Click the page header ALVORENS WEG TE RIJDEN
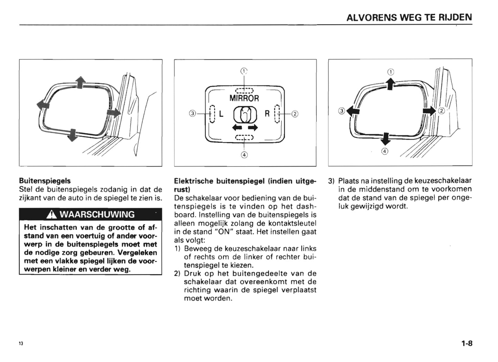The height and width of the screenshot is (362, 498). [409, 17]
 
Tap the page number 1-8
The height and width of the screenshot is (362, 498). [467, 343]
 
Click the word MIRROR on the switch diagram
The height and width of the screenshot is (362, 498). [244, 98]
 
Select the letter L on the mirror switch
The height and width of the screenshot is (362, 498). [221, 113]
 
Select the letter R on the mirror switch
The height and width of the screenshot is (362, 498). [267, 113]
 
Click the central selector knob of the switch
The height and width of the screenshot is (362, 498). [245, 114]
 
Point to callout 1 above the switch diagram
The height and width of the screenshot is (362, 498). [244, 71]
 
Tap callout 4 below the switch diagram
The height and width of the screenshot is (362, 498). [244, 155]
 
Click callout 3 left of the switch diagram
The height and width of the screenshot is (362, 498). [193, 113]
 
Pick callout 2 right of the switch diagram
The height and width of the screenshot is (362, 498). [295, 113]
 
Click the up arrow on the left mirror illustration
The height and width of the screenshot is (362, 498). [80, 83]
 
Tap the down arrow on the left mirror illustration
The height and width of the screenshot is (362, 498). [72, 135]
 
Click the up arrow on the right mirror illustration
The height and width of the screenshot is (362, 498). [390, 84]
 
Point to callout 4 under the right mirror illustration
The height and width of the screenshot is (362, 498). [385, 151]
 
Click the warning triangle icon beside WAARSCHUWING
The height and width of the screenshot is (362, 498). [52, 215]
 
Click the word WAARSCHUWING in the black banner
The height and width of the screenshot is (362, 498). [97, 214]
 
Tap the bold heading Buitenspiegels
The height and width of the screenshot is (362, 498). [45, 181]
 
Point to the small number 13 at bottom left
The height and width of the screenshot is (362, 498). [21, 344]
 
